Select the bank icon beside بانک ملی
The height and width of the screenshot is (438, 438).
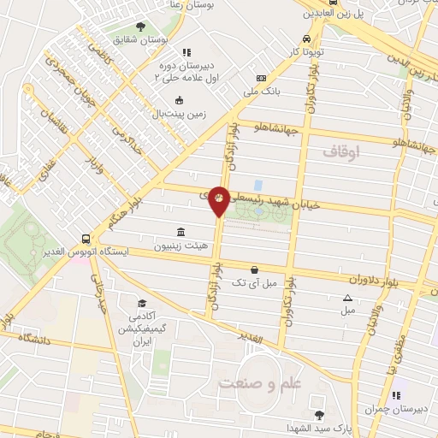tap(273, 78)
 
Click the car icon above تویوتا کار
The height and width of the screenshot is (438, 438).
tap(306, 38)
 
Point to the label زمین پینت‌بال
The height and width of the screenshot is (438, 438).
tap(177, 113)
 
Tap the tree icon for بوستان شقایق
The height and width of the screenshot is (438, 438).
tap(141, 27)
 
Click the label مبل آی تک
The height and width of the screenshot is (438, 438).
tap(256, 281)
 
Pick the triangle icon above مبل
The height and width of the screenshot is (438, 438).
tap(347, 298)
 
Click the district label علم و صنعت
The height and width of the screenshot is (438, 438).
tap(261, 382)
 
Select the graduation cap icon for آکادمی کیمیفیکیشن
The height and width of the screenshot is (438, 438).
tap(143, 303)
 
